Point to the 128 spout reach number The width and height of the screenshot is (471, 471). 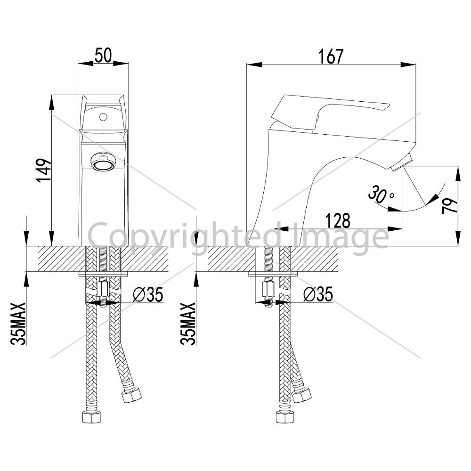click(338, 221)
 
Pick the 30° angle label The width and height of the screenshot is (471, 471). click(381, 195)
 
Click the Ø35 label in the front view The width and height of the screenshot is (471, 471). click(148, 294)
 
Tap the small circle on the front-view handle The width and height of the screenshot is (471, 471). click(103, 116)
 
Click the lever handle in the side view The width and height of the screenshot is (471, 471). click(329, 112)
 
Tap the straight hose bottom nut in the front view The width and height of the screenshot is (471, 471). click(92, 417)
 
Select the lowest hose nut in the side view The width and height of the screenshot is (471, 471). click(285, 417)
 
